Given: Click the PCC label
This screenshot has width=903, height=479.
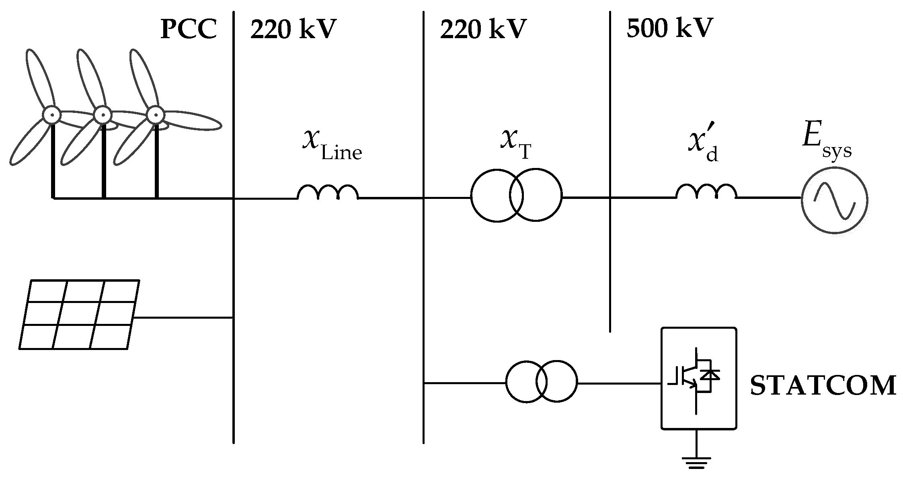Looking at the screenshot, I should point(189,29).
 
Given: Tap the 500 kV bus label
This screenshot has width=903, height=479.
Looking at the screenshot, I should point(669,28).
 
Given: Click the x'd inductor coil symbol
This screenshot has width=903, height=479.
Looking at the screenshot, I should point(706,192).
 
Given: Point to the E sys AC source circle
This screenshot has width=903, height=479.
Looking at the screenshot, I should point(834,200).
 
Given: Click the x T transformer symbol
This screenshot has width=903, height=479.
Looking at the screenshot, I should point(516,195).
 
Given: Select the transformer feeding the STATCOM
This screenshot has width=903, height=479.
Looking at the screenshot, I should point(541,381).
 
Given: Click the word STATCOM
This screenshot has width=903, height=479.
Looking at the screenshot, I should point(823,385).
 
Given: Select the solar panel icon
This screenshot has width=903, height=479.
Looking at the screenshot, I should point(79,314).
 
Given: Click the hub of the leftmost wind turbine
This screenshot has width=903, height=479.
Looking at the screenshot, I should point(51,115).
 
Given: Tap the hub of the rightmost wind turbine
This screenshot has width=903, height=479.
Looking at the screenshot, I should point(156,115).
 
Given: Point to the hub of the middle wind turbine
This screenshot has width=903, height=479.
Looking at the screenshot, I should point(103,115).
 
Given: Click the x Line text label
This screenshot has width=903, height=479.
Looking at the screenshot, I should point(332,145).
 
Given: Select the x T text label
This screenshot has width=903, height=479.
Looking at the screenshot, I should point(516,145).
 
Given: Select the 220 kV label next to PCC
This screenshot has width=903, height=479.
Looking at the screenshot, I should point(293,29).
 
